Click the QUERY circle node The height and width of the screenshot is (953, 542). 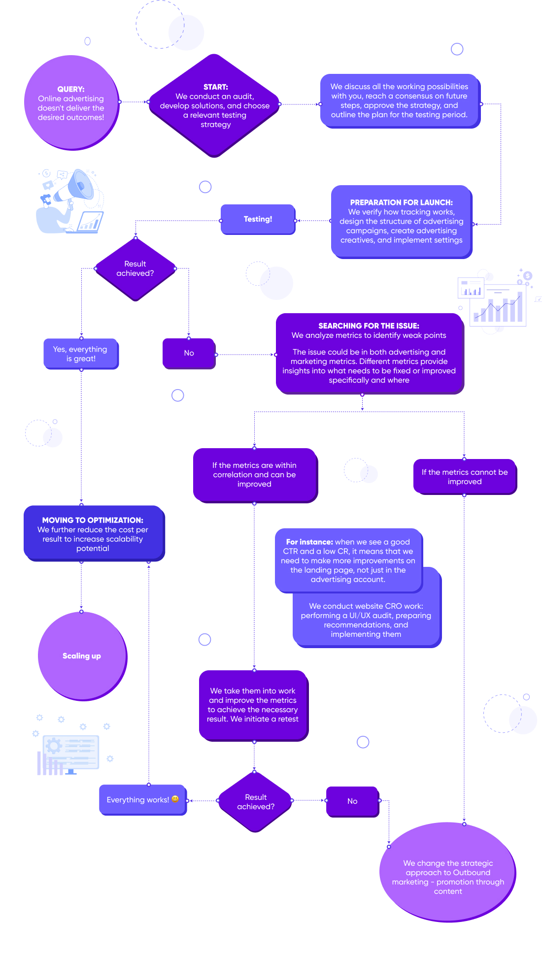coord(71,102)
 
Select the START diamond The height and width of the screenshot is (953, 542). coord(215,105)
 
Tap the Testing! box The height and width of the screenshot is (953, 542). coord(258,219)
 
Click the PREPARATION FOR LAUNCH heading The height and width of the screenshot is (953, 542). coord(402,202)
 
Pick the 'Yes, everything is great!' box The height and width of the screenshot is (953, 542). coord(81,354)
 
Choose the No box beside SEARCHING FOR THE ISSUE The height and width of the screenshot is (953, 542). coord(189,353)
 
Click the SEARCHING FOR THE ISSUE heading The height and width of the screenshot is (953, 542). coord(369,326)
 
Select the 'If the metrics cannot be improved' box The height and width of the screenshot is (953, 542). coord(465,477)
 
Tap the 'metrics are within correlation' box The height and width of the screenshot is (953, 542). coord(255,475)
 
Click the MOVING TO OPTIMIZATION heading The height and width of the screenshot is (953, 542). coord(93,520)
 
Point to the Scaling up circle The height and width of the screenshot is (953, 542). coord(82,656)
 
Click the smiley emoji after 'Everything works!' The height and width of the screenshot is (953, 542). coord(175,799)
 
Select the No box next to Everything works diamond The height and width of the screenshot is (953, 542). coord(353,801)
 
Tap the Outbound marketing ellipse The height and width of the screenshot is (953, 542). coord(447,872)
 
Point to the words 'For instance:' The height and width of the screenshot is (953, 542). coord(309,542)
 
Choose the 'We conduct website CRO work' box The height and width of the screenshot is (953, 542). coord(367,620)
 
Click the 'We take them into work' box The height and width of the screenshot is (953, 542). coord(253,705)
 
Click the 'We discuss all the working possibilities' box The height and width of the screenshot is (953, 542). coord(400,100)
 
